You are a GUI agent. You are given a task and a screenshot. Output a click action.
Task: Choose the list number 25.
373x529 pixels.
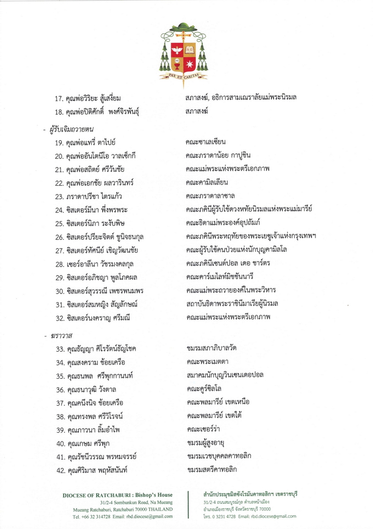59,222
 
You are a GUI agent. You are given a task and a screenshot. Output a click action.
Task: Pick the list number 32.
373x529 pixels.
59,317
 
